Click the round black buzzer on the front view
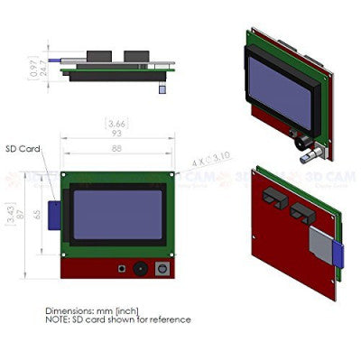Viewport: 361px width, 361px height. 140,268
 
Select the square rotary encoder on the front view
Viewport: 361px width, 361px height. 162,268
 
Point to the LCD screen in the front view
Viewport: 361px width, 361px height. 118,214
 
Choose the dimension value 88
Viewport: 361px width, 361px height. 116,149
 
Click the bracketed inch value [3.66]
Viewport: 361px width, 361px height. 116,123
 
